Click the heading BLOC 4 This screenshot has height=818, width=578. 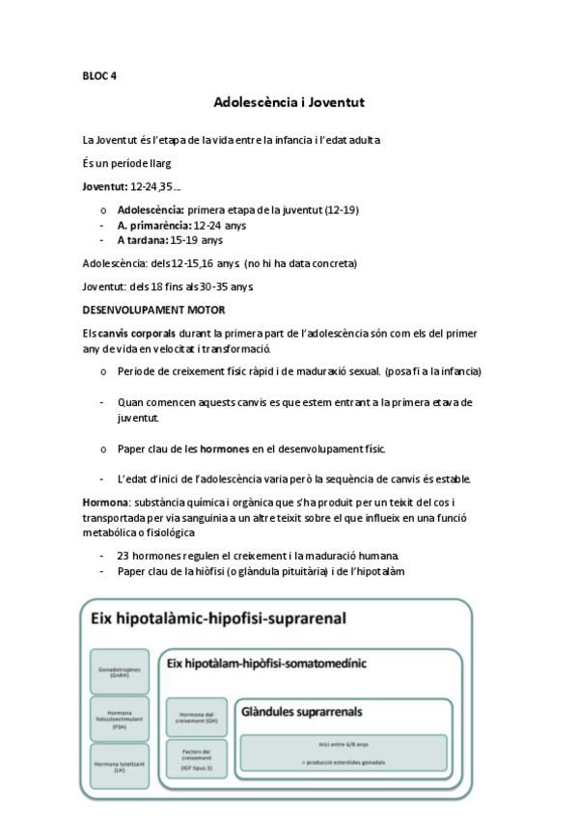[99, 75]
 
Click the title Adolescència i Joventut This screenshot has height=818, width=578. [289, 101]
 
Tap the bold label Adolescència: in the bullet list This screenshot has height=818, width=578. [151, 209]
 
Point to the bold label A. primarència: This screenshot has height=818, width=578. [155, 225]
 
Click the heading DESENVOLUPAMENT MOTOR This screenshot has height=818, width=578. [153, 310]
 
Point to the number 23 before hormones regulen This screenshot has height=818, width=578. [124, 557]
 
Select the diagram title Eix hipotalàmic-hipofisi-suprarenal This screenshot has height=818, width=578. [218, 618]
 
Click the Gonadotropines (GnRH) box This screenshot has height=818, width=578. [120, 672]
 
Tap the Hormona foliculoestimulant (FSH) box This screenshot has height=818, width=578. [120, 719]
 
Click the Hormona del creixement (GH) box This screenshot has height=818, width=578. [197, 719]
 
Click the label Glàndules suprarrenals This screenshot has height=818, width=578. [301, 712]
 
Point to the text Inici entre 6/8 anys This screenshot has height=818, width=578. [343, 745]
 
